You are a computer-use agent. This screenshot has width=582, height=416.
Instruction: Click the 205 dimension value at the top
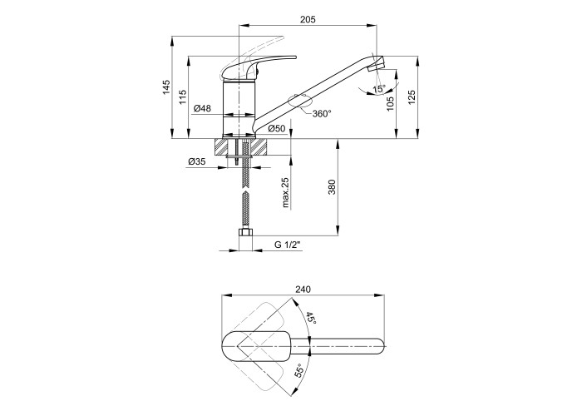click(308, 19)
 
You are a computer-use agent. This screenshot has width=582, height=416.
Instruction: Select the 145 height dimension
click(166, 87)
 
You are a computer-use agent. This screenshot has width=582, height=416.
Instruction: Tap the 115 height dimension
click(183, 97)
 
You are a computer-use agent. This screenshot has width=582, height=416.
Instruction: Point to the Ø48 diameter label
click(202, 108)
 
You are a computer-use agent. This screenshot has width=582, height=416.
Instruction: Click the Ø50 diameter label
click(277, 129)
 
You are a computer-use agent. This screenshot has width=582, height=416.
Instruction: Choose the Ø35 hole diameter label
click(197, 161)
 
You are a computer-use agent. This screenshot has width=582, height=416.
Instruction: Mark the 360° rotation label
click(322, 114)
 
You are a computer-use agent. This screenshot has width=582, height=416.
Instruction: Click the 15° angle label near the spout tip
click(379, 89)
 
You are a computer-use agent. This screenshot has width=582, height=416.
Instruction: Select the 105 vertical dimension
click(390, 104)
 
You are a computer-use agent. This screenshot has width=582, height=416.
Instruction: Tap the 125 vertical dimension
click(412, 97)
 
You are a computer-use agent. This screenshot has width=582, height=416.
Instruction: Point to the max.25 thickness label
click(285, 192)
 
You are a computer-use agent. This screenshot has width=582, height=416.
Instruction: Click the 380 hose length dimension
click(332, 187)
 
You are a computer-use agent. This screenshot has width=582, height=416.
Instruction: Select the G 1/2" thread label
click(287, 245)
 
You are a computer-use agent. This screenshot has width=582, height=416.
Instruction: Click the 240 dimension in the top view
click(303, 290)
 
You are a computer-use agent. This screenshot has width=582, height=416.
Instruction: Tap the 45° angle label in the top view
click(311, 319)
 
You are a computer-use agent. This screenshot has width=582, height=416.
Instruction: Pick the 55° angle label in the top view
click(300, 370)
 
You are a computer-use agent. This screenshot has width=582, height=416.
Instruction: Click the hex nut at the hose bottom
click(245, 232)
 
